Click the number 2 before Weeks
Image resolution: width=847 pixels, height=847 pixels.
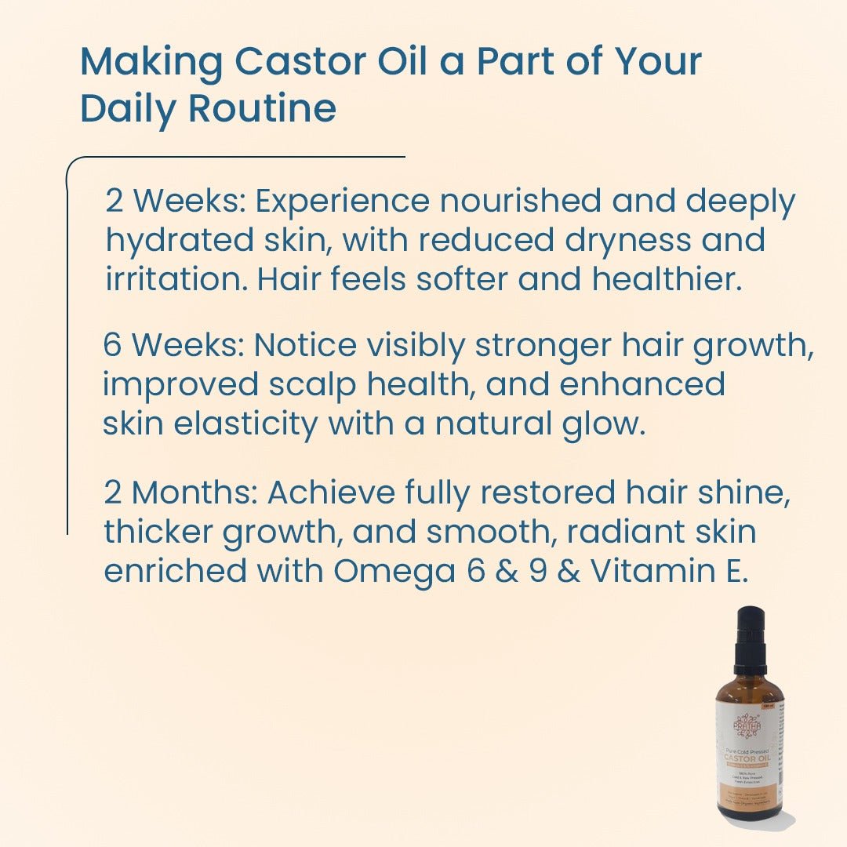[115, 202]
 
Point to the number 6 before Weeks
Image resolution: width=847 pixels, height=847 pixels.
[112, 345]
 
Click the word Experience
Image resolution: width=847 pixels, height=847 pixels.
[343, 202]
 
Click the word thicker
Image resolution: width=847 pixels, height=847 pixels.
[158, 532]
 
